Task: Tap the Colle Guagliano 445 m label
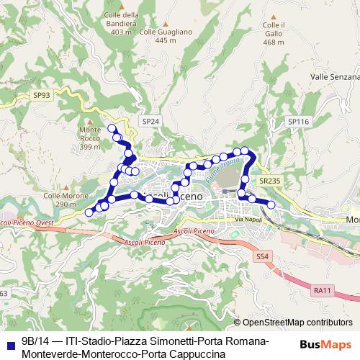[166, 36]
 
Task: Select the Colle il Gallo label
[274, 34]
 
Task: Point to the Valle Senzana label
[334, 76]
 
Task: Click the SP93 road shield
[42, 94]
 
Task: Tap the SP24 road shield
[150, 122]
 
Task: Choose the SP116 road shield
[298, 122]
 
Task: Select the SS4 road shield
[261, 256]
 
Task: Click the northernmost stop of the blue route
[112, 128]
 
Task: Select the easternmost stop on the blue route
[271, 205]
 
